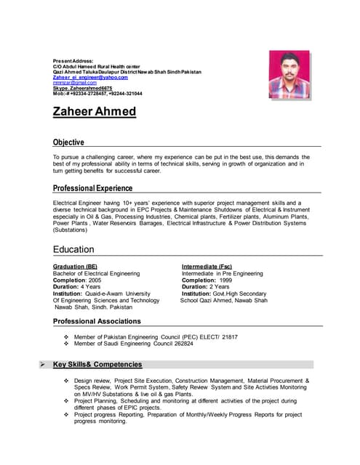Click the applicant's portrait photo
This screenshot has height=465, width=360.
289,74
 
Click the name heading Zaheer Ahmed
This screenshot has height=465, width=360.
95,112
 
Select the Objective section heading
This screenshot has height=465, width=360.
68,142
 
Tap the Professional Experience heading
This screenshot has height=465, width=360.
93,188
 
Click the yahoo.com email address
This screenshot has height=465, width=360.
90,77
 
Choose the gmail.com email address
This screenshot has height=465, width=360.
70,83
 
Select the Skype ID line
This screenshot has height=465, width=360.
82,88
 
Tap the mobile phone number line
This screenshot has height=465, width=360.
97,94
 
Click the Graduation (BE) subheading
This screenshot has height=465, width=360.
75,267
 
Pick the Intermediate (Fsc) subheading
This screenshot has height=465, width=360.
207,267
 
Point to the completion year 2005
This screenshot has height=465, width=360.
95,280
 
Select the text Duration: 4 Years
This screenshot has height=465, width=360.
76,286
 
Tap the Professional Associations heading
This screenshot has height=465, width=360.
97,321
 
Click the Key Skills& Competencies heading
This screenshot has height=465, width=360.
97,365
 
